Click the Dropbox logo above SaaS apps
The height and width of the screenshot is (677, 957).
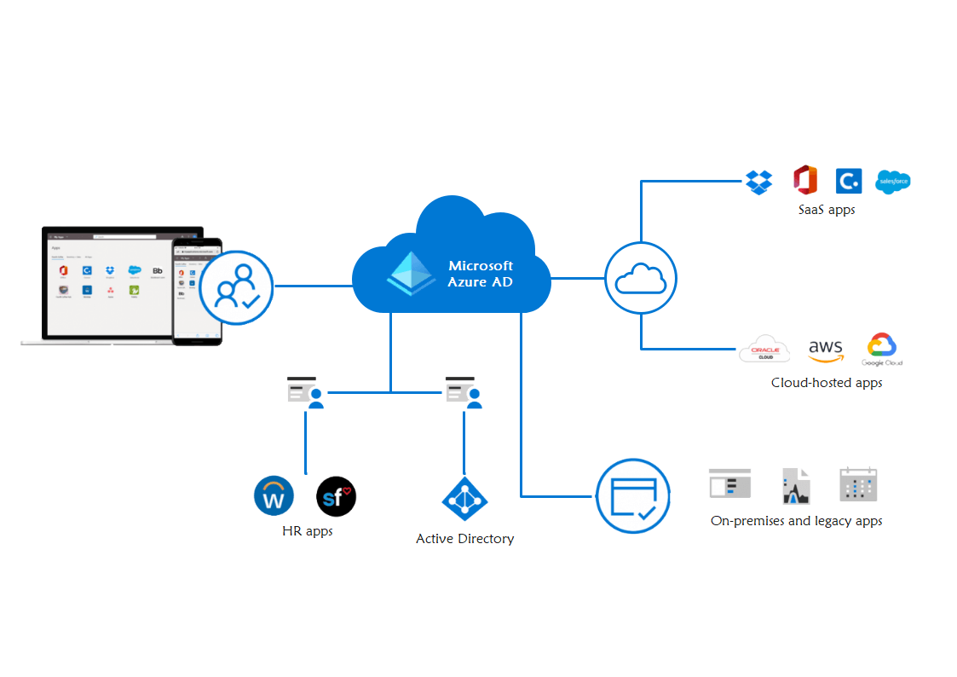(758, 182)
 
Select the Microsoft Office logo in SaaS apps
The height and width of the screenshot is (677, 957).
(805, 181)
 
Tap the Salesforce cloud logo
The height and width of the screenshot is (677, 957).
(894, 181)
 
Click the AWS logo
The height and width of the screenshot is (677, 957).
(825, 350)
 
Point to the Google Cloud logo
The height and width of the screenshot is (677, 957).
(881, 350)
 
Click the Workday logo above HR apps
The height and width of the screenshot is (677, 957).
(274, 496)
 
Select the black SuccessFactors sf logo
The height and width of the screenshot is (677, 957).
(336, 496)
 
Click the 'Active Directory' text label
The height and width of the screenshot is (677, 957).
(464, 539)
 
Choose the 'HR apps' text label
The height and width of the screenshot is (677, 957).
(307, 531)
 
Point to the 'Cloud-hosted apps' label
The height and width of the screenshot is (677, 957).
(827, 383)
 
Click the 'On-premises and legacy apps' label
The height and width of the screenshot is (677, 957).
(796, 521)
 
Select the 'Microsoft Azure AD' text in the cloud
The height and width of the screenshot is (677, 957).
(481, 274)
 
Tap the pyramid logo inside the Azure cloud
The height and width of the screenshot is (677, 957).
(412, 273)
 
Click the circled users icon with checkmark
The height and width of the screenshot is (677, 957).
(236, 286)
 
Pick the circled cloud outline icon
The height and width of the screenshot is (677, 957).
(641, 278)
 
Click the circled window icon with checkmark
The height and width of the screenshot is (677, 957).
(633, 496)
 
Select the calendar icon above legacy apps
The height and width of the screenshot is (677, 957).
(857, 484)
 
